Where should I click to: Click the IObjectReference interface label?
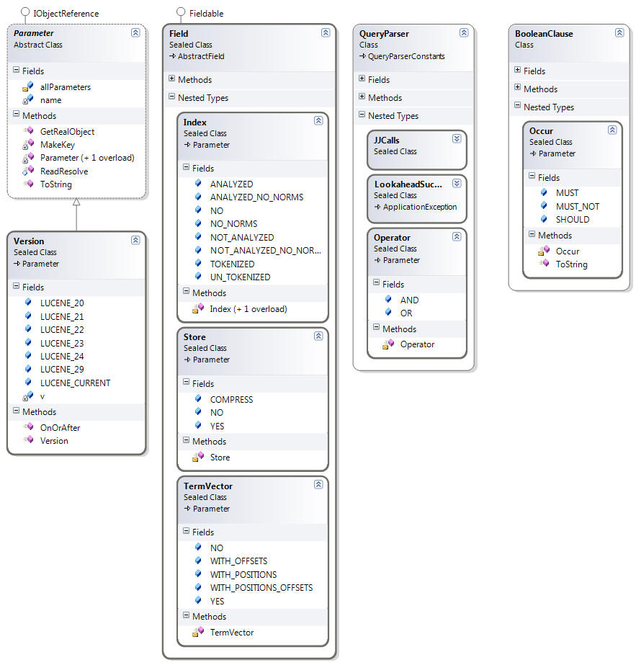pos(66,14)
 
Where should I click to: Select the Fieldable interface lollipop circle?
pos(181,12)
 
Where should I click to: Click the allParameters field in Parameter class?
pos(66,87)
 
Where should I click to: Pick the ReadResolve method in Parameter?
pos(64,171)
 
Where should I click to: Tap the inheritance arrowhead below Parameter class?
pos(76,202)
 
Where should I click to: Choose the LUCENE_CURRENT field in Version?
pos(75,383)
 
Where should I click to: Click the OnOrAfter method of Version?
pos(61,427)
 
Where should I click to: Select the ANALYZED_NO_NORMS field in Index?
pos(256,197)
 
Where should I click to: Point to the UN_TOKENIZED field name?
pos(240,277)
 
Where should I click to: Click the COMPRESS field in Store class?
pos(231,400)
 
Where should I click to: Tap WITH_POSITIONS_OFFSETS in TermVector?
pos(261,587)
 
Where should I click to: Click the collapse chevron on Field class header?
pos(326,32)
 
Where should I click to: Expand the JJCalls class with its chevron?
pos(457,138)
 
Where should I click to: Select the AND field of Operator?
pos(409,300)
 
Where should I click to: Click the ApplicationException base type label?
pos(420,207)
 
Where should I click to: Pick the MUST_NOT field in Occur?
pos(578,207)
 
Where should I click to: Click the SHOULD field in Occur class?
pos(573,219)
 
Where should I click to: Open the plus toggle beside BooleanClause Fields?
pos(517,70)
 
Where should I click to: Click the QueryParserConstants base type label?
pos(406,56)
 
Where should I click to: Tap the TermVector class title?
pos(207,486)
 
